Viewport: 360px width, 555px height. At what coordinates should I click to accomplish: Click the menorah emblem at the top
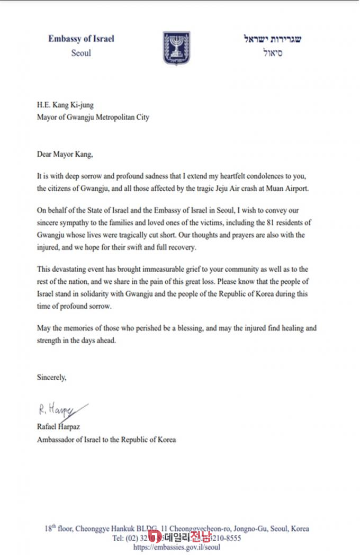click(172, 49)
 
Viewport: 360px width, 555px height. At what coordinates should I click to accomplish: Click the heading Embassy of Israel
click(81, 39)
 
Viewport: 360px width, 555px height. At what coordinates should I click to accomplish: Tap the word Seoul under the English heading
click(81, 53)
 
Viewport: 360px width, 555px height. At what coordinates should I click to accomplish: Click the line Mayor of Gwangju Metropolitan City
click(93, 118)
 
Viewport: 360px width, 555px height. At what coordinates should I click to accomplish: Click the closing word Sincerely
click(51, 378)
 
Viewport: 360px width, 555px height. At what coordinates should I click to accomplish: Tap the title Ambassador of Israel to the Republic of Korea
click(106, 440)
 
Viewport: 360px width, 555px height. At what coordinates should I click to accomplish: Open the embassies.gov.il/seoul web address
click(177, 547)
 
